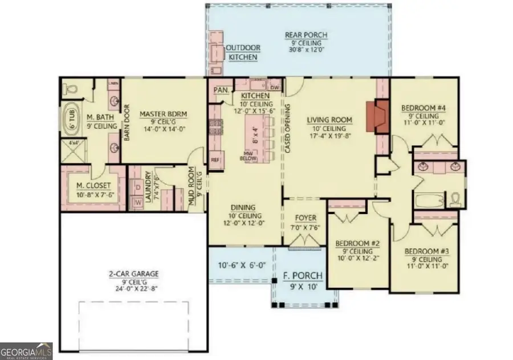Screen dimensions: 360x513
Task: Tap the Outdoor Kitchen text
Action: (x=243, y=52)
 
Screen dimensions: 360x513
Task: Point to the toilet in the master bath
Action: (x=70, y=89)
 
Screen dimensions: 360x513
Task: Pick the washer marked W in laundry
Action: (x=137, y=202)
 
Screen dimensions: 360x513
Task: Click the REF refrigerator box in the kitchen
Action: (x=215, y=160)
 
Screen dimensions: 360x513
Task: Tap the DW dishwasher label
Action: (x=274, y=88)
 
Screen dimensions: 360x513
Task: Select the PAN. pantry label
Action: (x=220, y=90)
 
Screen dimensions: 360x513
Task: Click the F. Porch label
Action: (x=303, y=276)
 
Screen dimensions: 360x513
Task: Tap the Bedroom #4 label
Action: (x=423, y=108)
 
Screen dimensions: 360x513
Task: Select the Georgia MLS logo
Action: (x=26, y=351)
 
